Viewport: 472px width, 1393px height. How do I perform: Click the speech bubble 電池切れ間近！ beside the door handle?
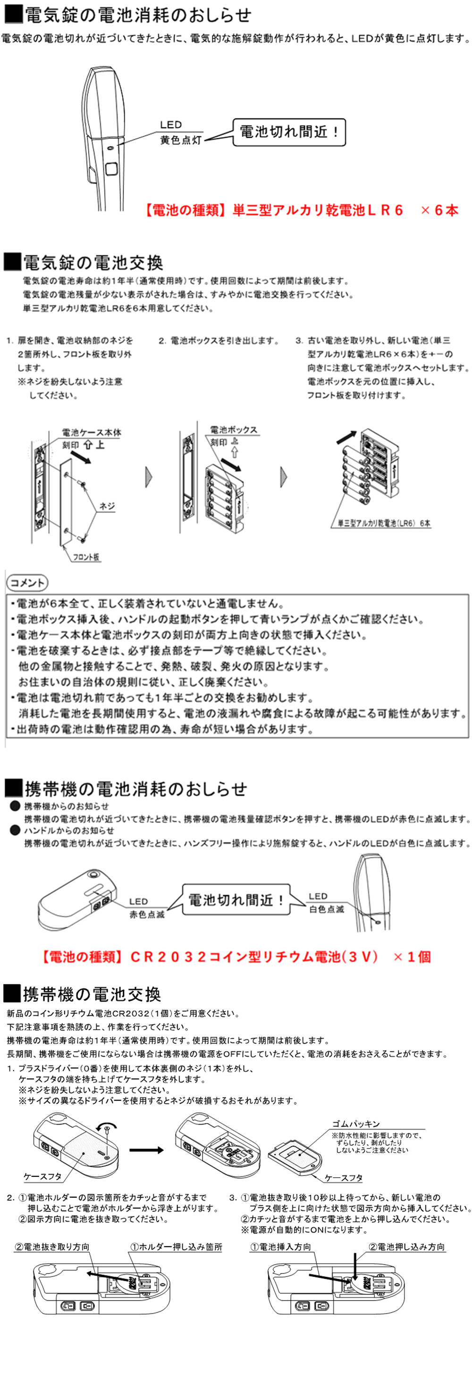(289, 133)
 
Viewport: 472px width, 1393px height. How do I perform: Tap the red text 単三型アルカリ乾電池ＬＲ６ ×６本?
(303, 210)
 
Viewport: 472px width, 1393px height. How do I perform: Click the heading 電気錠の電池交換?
(93, 263)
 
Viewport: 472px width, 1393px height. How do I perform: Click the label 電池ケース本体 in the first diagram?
(92, 433)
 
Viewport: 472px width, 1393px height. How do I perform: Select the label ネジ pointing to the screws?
(107, 506)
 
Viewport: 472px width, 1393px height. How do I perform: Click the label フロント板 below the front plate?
(86, 557)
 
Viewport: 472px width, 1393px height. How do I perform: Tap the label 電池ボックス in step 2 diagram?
(234, 430)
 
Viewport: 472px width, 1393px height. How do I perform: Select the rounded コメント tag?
(27, 583)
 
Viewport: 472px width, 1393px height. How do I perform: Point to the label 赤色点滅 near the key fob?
(146, 915)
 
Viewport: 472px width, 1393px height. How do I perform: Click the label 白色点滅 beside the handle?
(326, 909)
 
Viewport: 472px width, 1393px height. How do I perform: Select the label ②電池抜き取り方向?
(52, 1246)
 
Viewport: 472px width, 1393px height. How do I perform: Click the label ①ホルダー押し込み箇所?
(176, 1246)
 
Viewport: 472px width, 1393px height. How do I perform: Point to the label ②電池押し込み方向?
(406, 1246)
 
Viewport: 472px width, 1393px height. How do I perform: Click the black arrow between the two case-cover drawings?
(146, 1150)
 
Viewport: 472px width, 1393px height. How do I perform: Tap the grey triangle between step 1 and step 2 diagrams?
(149, 477)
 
